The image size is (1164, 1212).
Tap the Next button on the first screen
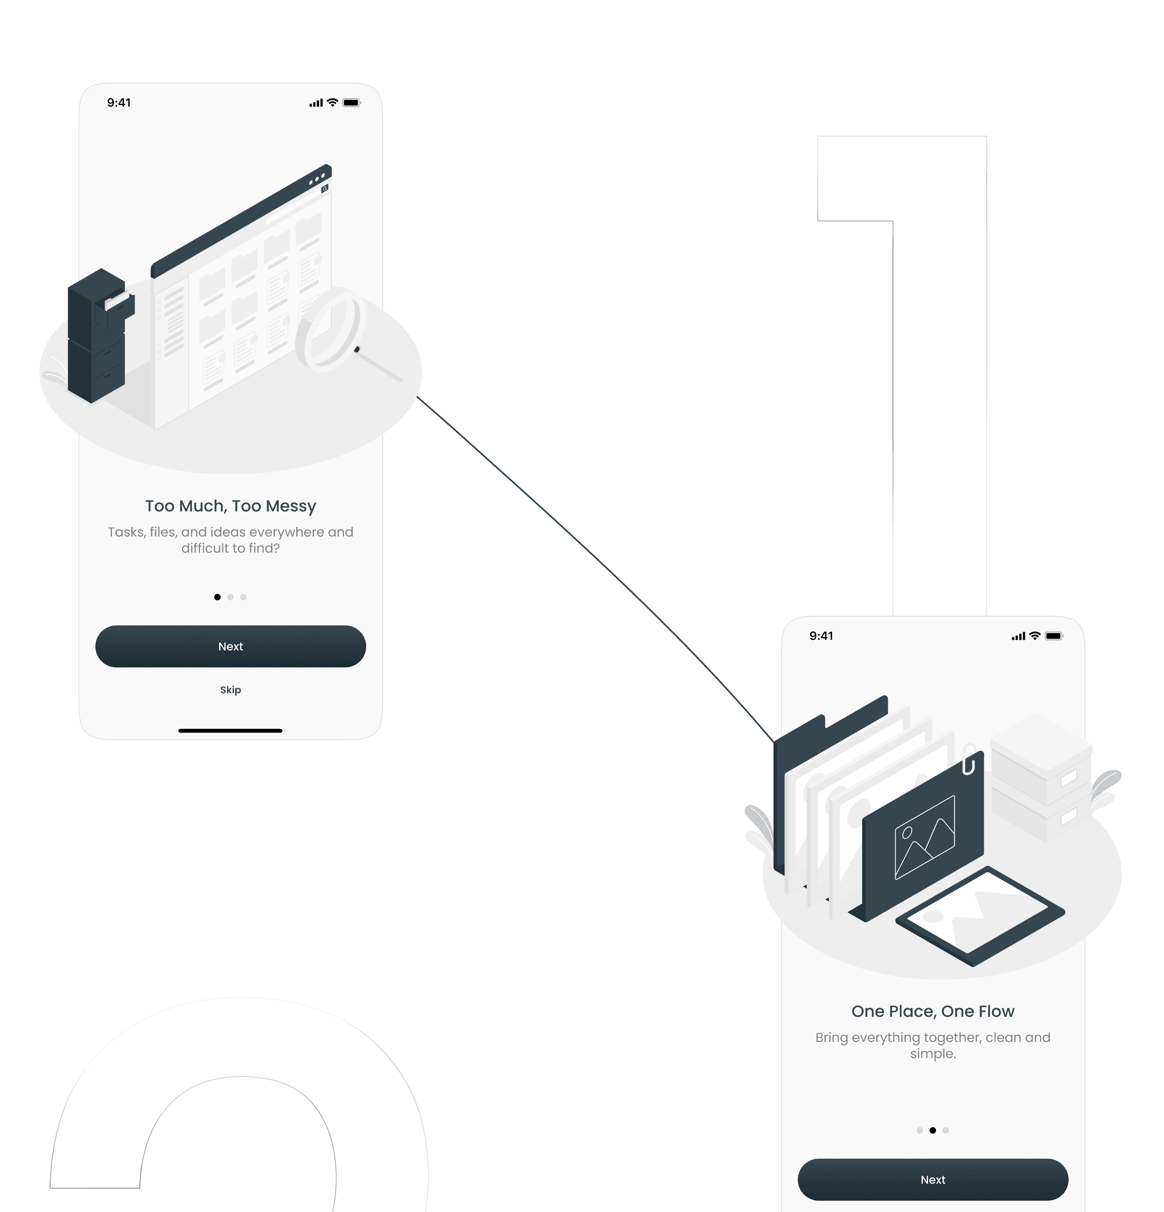[x=230, y=646]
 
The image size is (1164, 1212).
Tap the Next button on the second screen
[x=932, y=1179]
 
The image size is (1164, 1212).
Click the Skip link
[x=230, y=690]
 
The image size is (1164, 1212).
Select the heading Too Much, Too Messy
[x=230, y=506]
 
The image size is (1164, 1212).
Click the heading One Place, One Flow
[x=932, y=1011]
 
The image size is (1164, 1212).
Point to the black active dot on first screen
[x=217, y=597]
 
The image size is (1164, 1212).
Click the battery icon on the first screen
[x=351, y=103]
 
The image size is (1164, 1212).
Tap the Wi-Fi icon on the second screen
[x=1034, y=635]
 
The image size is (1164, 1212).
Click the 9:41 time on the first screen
[x=119, y=103]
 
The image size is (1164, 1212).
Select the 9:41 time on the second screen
[x=821, y=635]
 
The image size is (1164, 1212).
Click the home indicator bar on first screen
[x=230, y=730]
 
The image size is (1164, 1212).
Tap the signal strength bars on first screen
[x=315, y=103]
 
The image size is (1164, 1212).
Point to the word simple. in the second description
[x=932, y=1054]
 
